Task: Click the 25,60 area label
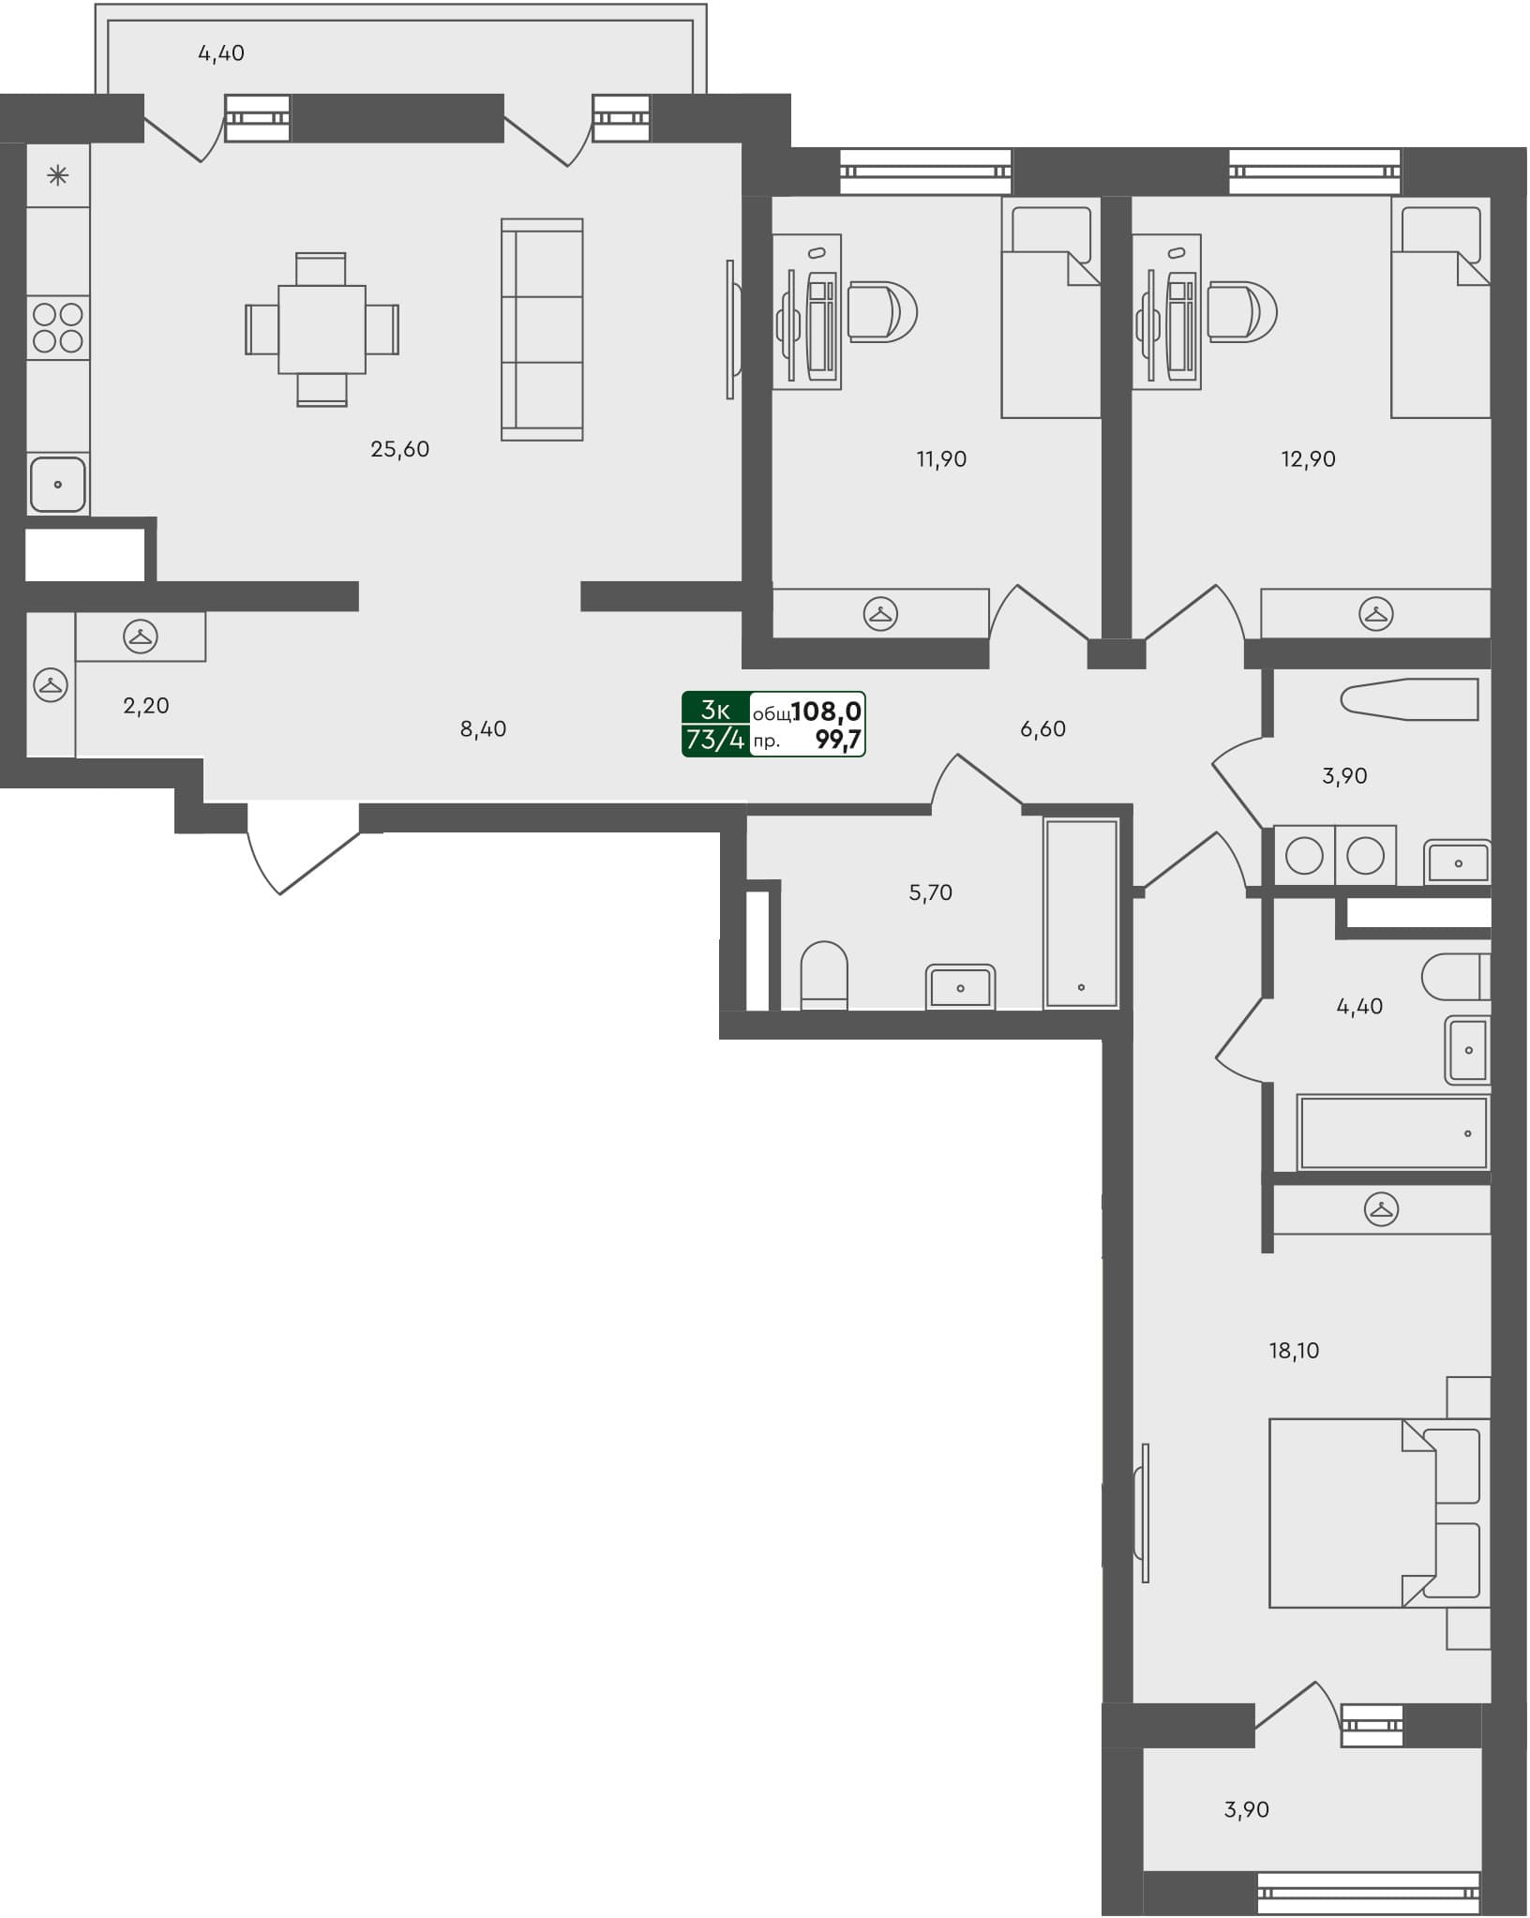(399, 449)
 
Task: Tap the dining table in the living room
(322, 329)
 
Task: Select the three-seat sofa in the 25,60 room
(542, 329)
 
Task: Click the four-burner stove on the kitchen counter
(58, 327)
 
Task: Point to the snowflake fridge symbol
(58, 175)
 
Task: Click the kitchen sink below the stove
(58, 484)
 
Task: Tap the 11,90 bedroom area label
(941, 459)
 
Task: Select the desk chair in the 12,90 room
(1242, 311)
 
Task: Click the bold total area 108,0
(826, 712)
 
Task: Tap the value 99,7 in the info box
(837, 741)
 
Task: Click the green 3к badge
(715, 711)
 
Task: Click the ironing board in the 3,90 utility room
(1409, 699)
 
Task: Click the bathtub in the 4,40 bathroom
(1393, 1132)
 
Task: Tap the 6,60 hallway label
(1042, 729)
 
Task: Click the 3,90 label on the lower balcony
(1246, 1809)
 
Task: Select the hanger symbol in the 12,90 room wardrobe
(1375, 614)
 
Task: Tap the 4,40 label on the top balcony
(221, 53)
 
